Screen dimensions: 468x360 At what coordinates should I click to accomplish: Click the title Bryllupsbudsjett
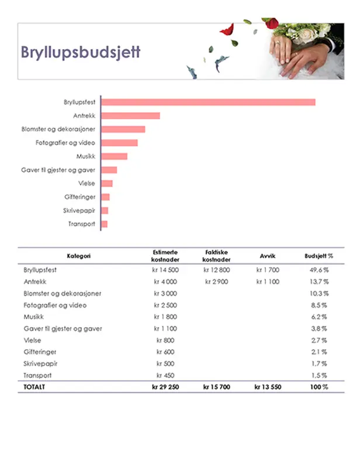[x=81, y=52]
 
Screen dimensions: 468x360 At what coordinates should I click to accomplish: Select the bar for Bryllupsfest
[x=208, y=102]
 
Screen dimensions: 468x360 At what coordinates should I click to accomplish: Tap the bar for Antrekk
[x=130, y=116]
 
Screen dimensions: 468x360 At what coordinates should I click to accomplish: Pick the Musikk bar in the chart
[x=114, y=156]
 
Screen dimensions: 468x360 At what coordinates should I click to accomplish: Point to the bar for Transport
[x=105, y=224]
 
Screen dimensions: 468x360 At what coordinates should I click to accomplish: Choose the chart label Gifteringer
[x=79, y=197]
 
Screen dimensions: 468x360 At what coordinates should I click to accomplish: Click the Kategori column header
[x=78, y=256]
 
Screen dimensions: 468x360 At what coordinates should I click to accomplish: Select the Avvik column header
[x=268, y=256]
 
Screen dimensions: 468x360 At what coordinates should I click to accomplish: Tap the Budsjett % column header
[x=319, y=256]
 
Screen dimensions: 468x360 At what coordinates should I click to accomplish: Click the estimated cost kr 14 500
[x=166, y=270]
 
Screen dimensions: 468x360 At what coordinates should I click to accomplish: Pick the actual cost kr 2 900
[x=217, y=282]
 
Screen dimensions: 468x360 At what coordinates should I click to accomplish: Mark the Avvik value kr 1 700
[x=268, y=270]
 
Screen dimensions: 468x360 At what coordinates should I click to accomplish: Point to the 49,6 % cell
[x=319, y=270]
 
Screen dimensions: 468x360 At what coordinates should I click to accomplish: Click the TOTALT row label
[x=34, y=387]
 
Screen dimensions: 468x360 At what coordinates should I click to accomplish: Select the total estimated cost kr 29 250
[x=166, y=387]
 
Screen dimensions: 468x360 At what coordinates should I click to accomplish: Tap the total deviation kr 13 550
[x=268, y=387]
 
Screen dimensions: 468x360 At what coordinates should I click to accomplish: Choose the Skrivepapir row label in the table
[x=39, y=364]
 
